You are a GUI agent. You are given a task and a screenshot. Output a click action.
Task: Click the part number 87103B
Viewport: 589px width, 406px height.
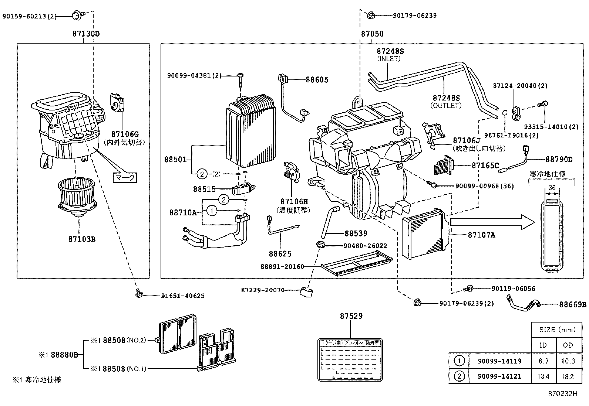point(82,239)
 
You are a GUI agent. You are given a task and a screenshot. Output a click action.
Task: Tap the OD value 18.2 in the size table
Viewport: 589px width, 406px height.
point(567,376)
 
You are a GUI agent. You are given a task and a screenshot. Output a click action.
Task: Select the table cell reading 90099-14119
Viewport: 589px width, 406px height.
point(499,361)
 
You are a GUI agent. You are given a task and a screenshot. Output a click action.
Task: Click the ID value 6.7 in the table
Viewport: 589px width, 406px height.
point(543,361)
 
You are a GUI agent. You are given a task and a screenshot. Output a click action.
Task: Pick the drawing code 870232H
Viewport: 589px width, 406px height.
point(562,393)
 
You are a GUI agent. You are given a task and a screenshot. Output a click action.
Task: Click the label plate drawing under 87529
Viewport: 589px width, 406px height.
point(350,359)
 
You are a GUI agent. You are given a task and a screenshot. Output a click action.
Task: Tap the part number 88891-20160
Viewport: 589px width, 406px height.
point(282,266)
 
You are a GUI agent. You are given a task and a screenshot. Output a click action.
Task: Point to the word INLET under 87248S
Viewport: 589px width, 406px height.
point(388,59)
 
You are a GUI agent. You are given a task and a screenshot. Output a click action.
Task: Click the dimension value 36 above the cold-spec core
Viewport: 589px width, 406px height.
point(552,188)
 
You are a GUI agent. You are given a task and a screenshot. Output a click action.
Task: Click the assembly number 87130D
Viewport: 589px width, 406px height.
point(86,34)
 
